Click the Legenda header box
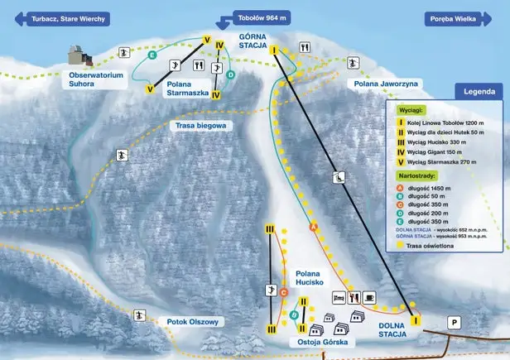click(x=478, y=92)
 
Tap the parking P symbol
click(x=453, y=322)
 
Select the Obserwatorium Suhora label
click(x=97, y=79)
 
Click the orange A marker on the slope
click(x=313, y=227)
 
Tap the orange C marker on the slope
click(x=283, y=292)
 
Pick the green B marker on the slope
click(x=294, y=315)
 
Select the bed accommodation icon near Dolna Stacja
click(x=337, y=296)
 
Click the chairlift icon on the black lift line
click(x=339, y=176)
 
